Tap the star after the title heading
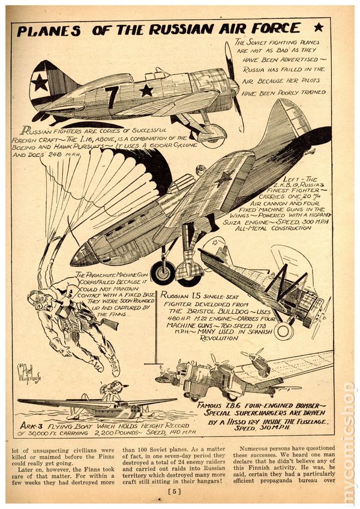[318, 27]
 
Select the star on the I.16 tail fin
[40, 82]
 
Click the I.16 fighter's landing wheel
[212, 137]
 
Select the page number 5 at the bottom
[180, 493]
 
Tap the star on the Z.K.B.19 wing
[226, 177]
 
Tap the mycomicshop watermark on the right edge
[348, 444]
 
